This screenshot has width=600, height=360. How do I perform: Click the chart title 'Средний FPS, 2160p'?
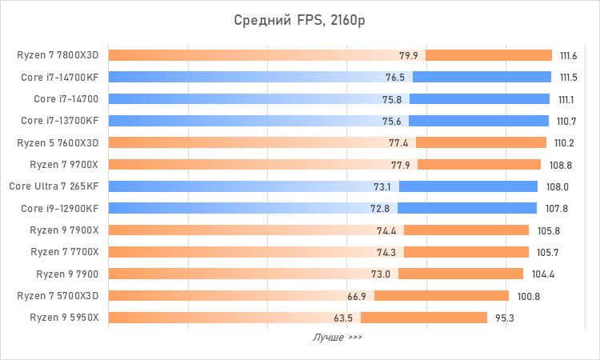click(x=300, y=19)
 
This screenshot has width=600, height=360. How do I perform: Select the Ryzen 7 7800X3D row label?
click(x=58, y=55)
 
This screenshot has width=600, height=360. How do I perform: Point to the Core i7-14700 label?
click(x=66, y=99)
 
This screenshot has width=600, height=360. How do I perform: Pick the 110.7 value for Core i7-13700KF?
click(x=566, y=121)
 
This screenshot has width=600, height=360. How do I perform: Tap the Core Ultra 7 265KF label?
click(x=54, y=186)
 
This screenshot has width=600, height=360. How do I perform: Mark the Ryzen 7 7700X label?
click(x=64, y=252)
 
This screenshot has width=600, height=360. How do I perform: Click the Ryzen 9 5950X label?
click(x=64, y=318)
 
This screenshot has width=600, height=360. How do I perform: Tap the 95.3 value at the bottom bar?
click(x=504, y=318)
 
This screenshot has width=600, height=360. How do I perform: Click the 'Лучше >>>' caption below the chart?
click(x=337, y=338)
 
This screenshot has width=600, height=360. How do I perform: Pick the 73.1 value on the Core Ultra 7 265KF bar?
click(x=384, y=186)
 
